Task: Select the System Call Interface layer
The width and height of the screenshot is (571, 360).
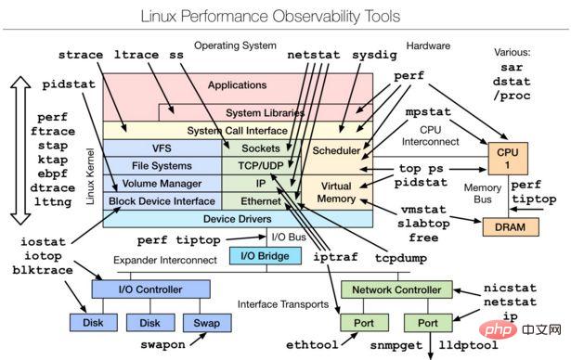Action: click(x=236, y=131)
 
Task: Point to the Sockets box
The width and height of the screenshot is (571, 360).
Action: click(x=261, y=148)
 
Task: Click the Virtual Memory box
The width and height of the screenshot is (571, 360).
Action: click(x=335, y=192)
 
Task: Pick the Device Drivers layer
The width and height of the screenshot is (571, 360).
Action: click(x=236, y=219)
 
